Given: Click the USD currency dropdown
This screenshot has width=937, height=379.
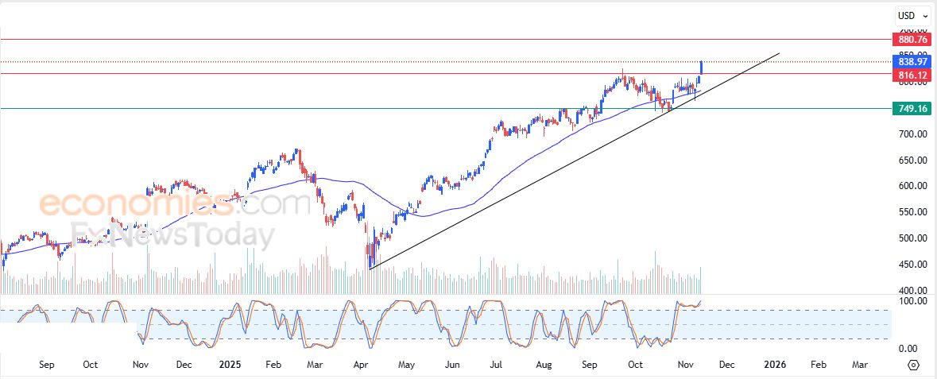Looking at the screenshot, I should (912, 15).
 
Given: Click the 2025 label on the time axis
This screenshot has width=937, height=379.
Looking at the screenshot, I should (230, 365).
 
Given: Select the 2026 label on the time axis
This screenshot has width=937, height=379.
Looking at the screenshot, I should (774, 365).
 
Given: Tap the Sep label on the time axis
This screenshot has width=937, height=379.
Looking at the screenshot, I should (46, 365).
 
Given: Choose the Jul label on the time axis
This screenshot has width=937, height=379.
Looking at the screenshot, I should (497, 365).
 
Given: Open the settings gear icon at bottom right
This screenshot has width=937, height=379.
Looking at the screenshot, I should (912, 365).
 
